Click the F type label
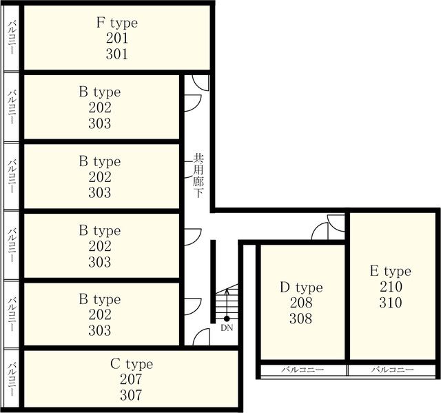[x=117, y=23]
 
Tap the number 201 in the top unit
[x=117, y=38]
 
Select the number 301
[x=117, y=54]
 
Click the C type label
[x=132, y=364]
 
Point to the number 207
[x=131, y=379]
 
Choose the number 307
[x=131, y=395]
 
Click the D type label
[x=301, y=288]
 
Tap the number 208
[x=301, y=303]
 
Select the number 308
[x=301, y=319]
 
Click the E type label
[x=391, y=272]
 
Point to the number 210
[x=391, y=287]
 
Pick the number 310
[x=391, y=303]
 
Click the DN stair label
[x=227, y=328]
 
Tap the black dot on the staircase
[x=227, y=319]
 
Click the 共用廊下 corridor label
[x=198, y=176]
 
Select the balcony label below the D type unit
[x=302, y=370]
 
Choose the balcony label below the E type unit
[x=392, y=370]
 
